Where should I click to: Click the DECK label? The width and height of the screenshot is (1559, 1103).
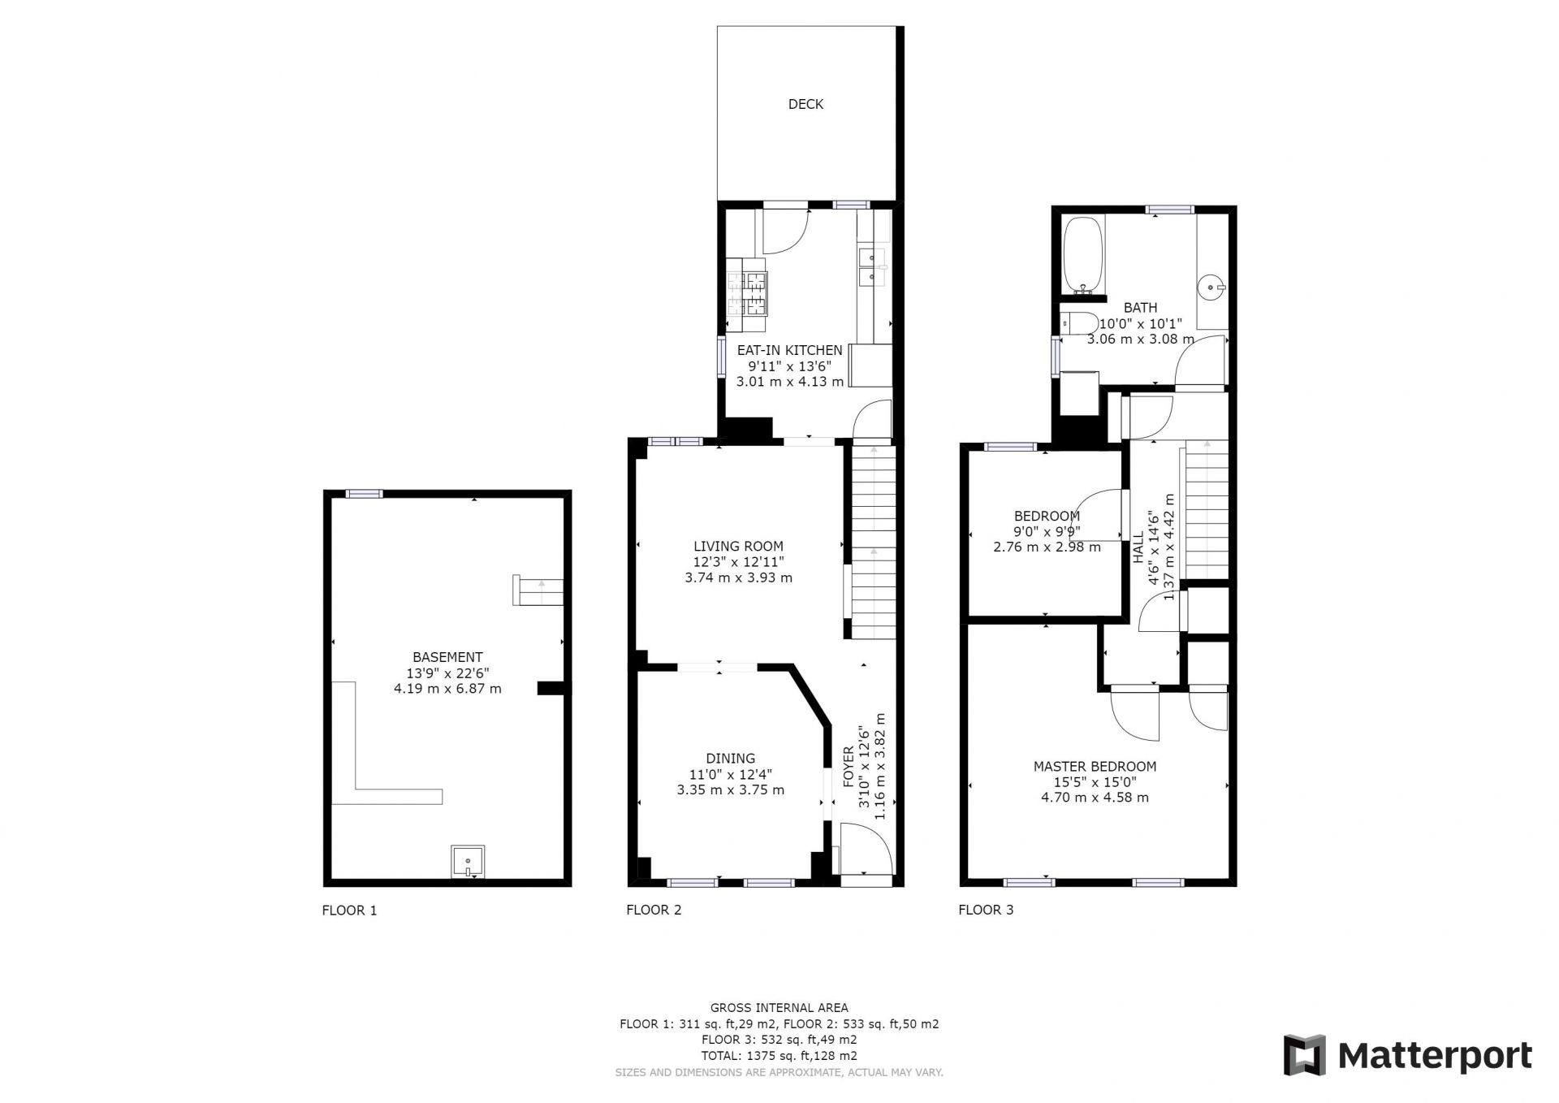click(805, 104)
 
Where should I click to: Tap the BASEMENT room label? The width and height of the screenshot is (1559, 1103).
click(447, 657)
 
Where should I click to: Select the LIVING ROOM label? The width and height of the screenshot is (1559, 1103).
click(738, 547)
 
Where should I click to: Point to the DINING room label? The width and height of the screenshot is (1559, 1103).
click(730, 759)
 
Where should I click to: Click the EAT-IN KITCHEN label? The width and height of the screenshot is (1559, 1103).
click(789, 350)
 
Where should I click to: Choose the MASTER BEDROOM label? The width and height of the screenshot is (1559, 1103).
click(1095, 766)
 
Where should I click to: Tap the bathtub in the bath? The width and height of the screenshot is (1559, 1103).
click(1082, 254)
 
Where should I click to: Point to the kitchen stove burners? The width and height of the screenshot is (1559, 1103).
click(179, 294)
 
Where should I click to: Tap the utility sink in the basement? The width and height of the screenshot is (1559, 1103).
click(469, 862)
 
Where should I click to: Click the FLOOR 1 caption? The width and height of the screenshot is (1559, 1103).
click(349, 911)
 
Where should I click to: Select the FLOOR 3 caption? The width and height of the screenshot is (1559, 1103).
click(986, 910)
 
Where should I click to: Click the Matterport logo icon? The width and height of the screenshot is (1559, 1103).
click(1304, 1055)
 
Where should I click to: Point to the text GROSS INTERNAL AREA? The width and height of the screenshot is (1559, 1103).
click(779, 1008)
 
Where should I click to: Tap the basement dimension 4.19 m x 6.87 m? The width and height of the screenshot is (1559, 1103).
click(447, 689)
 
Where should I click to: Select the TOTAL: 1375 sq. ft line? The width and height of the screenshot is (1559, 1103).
click(779, 1056)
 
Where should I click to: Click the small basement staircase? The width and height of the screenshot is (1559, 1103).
click(538, 590)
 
